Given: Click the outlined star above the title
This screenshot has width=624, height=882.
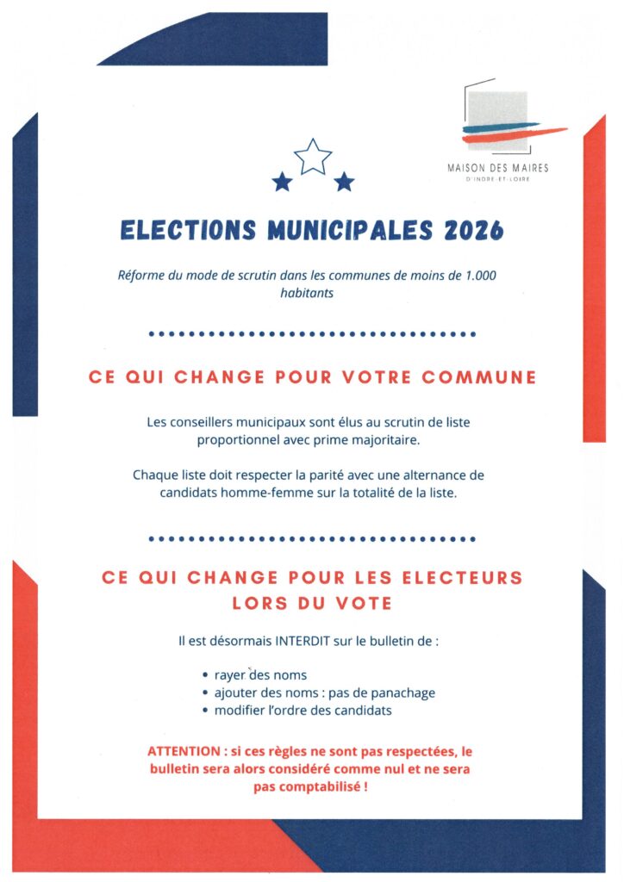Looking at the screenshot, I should click(x=313, y=157).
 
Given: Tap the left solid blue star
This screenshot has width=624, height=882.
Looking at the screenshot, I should click(x=281, y=182).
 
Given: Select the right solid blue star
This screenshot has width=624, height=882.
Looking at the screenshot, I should click(x=344, y=182).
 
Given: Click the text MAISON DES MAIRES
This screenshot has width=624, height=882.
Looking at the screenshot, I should click(x=498, y=168).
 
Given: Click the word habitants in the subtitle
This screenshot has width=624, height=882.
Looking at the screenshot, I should click(x=312, y=293).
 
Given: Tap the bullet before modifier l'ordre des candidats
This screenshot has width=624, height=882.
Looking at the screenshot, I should click(x=205, y=711).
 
